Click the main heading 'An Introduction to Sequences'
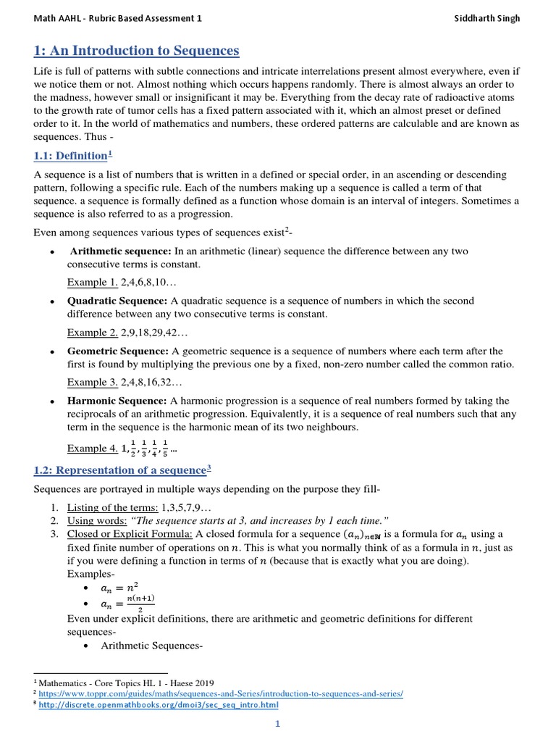tap(137, 51)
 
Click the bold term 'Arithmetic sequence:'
tap(121, 251)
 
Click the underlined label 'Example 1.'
tap(92, 283)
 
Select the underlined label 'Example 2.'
tap(92, 333)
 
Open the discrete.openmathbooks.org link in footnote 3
tap(159, 704)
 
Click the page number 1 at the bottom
tap(277, 724)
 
